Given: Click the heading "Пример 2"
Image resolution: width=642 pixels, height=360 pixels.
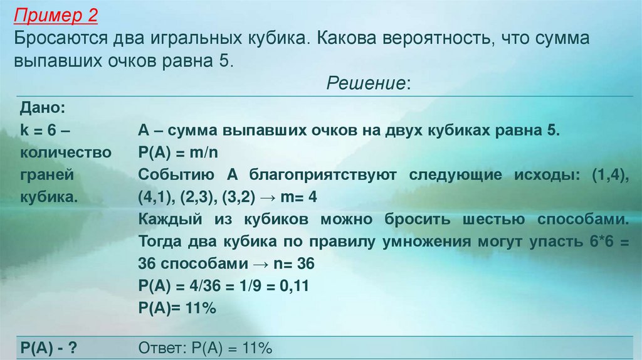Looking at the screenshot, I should (58, 13).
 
